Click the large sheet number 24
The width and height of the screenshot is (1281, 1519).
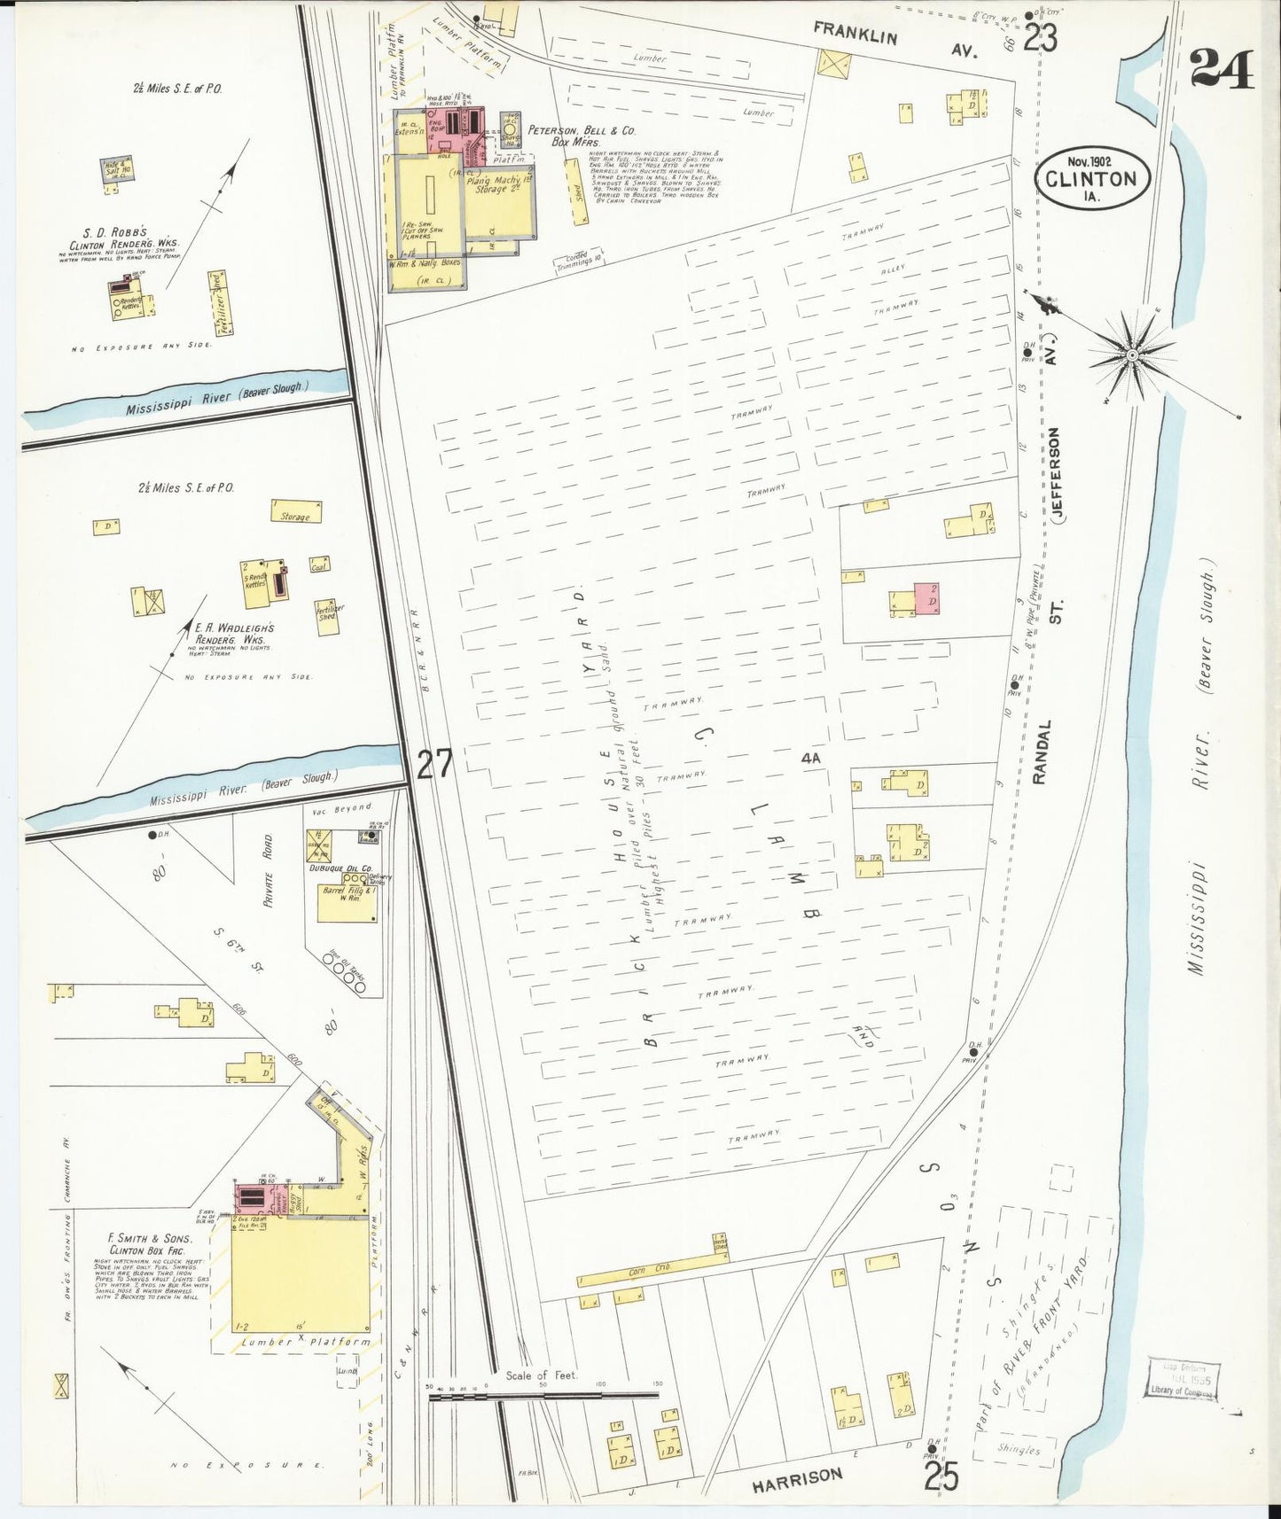(1222, 68)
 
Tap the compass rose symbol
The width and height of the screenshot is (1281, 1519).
(1132, 355)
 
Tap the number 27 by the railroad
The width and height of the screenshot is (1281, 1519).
(434, 764)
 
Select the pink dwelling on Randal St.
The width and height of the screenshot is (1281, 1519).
(927, 600)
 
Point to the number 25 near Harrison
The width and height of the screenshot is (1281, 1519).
(941, 1476)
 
